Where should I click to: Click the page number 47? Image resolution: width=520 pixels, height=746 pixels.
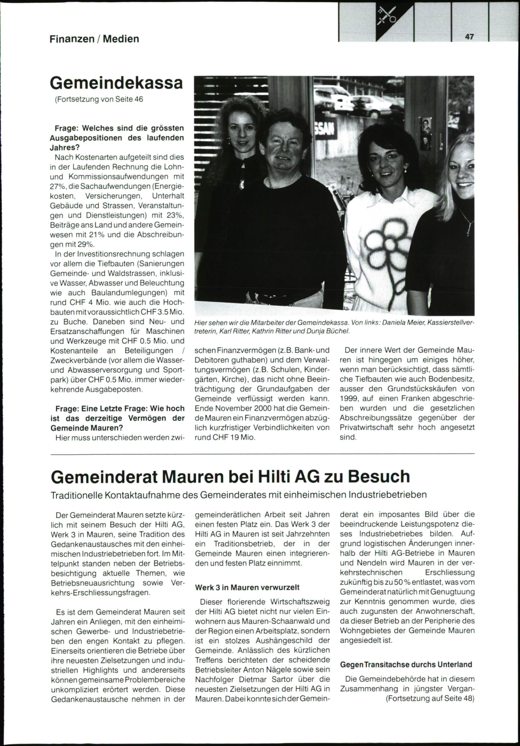pos(469,37)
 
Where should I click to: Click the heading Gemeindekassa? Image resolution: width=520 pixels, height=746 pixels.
pos(117,82)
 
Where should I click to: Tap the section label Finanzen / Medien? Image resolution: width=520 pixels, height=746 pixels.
pos(94,39)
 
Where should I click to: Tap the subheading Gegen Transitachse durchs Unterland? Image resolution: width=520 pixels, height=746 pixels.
pos(406,664)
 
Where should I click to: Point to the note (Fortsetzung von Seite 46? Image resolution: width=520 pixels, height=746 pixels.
pos(99,99)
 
